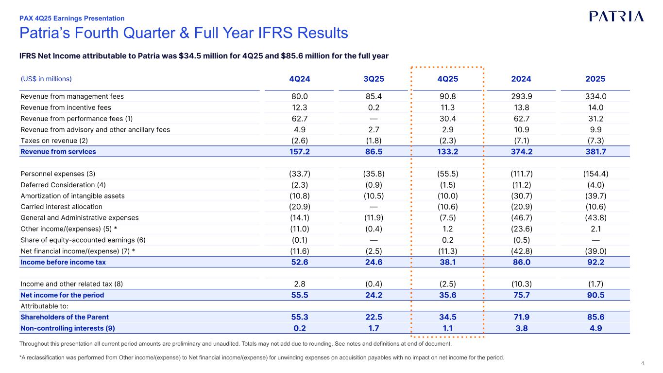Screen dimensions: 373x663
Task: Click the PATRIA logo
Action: click(x=616, y=16)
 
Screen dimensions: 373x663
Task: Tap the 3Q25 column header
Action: click(x=373, y=79)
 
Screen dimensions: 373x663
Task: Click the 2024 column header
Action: click(x=521, y=79)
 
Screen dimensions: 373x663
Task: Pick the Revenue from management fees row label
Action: click(x=72, y=96)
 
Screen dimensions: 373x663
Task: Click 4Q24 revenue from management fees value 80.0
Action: click(x=299, y=96)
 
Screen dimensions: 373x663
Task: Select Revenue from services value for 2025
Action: click(x=595, y=152)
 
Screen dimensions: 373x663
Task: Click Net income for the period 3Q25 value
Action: click(x=373, y=295)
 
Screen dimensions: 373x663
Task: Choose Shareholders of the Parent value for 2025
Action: click(x=595, y=317)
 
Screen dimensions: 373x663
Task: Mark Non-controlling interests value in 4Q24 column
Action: click(x=299, y=328)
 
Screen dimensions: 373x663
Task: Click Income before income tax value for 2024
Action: click(x=521, y=262)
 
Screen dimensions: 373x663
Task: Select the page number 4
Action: click(x=643, y=363)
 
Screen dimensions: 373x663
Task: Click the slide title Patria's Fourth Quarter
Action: click(x=184, y=33)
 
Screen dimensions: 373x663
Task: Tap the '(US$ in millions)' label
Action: click(x=46, y=79)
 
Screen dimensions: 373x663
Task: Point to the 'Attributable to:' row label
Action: click(x=44, y=306)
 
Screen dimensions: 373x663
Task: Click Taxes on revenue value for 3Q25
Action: click(x=373, y=141)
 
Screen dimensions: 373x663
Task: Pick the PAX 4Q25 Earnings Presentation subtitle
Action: click(x=72, y=18)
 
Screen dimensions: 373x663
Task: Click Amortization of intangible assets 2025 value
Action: click(x=595, y=196)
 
